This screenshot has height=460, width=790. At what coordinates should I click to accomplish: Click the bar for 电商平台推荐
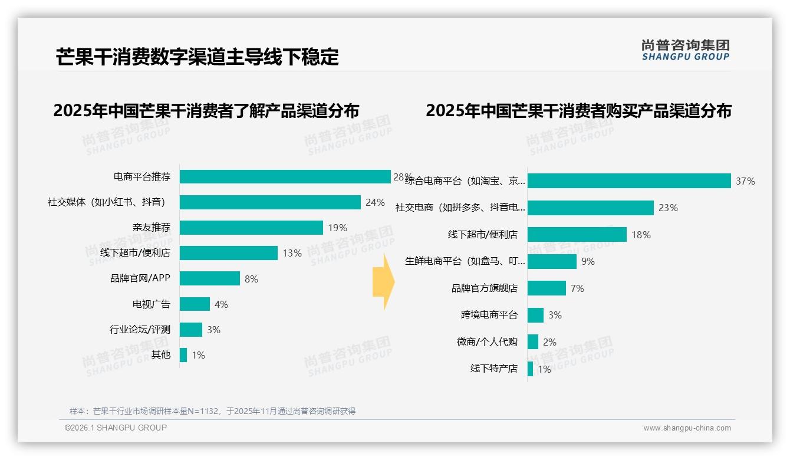[285, 177]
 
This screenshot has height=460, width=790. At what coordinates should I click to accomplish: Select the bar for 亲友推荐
[251, 228]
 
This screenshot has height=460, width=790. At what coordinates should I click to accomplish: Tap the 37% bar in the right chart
[629, 181]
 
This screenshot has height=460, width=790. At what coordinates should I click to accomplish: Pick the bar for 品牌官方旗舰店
[547, 288]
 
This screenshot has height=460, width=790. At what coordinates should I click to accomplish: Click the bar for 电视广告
[195, 304]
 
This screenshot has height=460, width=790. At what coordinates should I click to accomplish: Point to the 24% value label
[375, 203]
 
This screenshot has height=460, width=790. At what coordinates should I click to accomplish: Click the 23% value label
[668, 208]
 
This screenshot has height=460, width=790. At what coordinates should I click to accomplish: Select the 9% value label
[588, 262]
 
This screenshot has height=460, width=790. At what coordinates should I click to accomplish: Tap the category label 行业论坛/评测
[140, 330]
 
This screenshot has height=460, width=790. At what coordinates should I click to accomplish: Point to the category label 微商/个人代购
[487, 342]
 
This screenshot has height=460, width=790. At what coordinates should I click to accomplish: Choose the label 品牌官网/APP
[140, 278]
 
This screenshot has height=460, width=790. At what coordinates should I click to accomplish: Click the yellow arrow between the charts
[383, 282]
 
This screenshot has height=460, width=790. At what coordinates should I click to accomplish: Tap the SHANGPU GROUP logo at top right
[685, 50]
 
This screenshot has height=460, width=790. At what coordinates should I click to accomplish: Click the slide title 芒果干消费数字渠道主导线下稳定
[197, 57]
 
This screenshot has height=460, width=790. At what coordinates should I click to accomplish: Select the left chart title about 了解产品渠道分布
[206, 111]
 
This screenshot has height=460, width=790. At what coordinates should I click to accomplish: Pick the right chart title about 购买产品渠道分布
[578, 111]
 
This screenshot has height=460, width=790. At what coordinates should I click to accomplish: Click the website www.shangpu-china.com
[687, 428]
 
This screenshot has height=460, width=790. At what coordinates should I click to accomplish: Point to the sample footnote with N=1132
[212, 411]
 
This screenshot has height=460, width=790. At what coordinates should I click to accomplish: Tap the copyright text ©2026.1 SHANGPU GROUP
[116, 428]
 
